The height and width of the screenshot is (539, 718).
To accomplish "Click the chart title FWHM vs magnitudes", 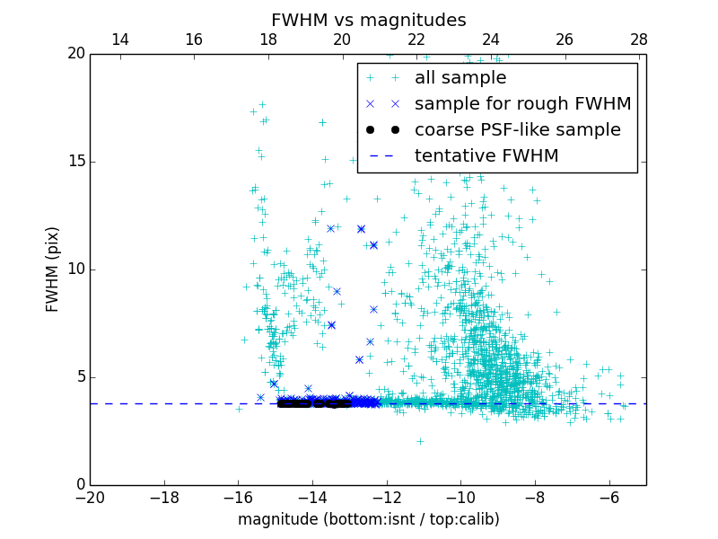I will [368, 20].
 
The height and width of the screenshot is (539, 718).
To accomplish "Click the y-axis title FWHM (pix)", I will [53, 269].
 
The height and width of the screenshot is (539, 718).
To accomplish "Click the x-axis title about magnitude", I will [368, 519].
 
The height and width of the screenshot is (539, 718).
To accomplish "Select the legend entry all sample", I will [460, 78].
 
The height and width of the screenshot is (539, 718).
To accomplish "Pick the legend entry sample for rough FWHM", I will [522, 104].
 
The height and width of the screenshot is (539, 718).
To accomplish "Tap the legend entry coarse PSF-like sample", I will [517, 130].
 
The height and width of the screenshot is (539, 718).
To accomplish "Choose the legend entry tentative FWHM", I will [486, 156].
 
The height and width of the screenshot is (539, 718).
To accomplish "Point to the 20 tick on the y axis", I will [75, 54].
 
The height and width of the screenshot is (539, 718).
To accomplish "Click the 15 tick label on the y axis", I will [75, 162].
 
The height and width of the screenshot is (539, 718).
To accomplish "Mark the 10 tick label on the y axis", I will [75, 269].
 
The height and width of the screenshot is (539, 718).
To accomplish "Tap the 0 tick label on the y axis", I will [80, 485].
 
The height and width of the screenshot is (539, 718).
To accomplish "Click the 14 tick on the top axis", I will [119, 40].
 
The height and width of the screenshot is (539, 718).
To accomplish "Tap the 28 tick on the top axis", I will [639, 40].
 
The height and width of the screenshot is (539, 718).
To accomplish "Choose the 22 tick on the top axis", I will [416, 40].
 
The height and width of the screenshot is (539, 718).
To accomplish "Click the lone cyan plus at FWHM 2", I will [420, 441].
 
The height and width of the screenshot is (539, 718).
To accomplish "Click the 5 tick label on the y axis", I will [80, 377].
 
